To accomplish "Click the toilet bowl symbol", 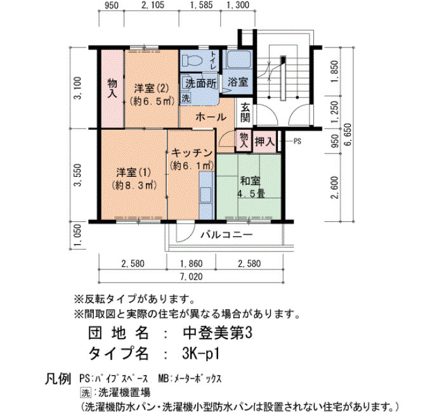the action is click(192, 60).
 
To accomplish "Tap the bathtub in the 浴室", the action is click(238, 60).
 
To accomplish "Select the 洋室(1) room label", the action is click(134, 172).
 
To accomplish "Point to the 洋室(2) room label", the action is click(151, 89).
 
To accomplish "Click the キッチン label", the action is click(192, 153).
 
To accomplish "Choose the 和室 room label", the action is click(251, 181).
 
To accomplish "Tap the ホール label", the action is click(211, 117).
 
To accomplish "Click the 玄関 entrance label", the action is click(245, 112).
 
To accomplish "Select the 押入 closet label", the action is click(264, 141).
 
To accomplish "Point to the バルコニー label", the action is click(226, 235).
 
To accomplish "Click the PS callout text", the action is click(297, 141).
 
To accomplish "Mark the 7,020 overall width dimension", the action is click(192, 276).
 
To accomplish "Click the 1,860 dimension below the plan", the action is click(192, 264).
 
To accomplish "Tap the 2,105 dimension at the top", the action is click(153, 5).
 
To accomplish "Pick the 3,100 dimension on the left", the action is click(78, 88).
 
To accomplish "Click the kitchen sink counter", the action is click(206, 195).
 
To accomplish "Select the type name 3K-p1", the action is click(200, 353).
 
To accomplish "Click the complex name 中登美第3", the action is click(218, 333).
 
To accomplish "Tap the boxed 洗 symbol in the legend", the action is click(86, 392).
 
